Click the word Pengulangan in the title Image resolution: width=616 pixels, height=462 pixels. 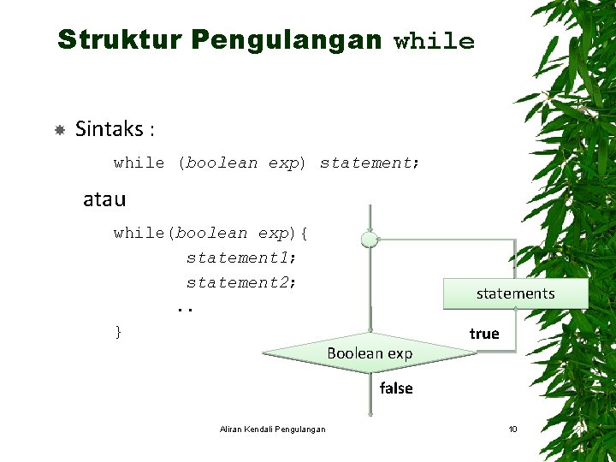click(x=287, y=39)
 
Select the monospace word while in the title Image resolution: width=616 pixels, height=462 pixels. click(x=434, y=41)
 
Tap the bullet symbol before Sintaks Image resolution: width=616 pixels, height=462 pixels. click(x=60, y=130)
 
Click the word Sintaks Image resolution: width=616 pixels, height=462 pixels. click(x=110, y=129)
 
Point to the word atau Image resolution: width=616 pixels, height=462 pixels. click(x=104, y=200)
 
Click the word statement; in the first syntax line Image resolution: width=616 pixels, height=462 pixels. click(x=370, y=163)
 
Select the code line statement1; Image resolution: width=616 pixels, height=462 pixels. click(x=241, y=258)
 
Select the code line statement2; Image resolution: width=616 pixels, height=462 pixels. click(x=241, y=282)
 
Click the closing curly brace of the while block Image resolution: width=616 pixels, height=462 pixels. click(x=118, y=331)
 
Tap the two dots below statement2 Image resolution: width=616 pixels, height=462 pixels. click(x=185, y=307)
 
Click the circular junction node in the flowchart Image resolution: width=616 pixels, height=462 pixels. click(x=370, y=240)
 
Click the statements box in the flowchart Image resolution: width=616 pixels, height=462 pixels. click(x=515, y=293)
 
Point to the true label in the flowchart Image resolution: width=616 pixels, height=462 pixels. click(x=484, y=334)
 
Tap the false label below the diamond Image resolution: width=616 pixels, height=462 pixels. click(x=396, y=388)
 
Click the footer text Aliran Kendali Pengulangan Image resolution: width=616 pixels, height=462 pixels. click(x=272, y=429)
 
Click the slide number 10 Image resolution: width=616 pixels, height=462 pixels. click(x=512, y=429)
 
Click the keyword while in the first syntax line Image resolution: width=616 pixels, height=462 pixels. click(x=139, y=163)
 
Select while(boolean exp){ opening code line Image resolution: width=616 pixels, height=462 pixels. click(x=211, y=233)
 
